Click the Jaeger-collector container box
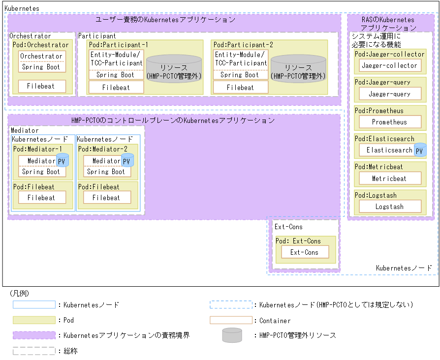click(x=389, y=65)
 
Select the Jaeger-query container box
click(x=389, y=94)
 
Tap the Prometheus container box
click(x=389, y=122)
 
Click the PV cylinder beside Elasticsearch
click(x=420, y=150)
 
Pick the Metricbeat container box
click(x=389, y=179)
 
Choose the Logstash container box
click(x=389, y=207)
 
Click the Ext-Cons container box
click(x=304, y=252)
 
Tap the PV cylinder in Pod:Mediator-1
click(x=62, y=161)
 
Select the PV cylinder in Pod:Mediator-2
click(x=127, y=161)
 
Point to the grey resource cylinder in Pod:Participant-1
click(x=174, y=69)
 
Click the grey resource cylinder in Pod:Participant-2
click(x=298, y=69)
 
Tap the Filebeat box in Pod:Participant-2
click(x=240, y=88)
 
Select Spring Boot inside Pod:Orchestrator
click(x=40, y=67)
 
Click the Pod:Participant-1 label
click(x=118, y=45)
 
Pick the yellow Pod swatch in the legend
click(x=34, y=320)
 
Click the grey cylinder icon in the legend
click(x=232, y=335)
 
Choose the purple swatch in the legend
click(x=34, y=335)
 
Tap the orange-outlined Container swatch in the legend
click(x=231, y=320)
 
